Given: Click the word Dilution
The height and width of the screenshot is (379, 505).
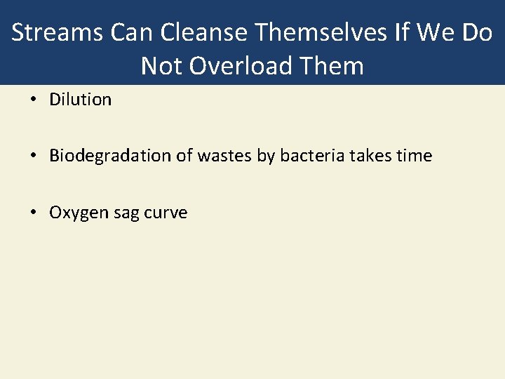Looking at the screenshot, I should (80, 100).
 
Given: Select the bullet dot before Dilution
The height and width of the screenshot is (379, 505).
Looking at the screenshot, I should (34, 100).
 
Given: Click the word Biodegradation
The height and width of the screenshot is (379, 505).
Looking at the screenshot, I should (111, 156).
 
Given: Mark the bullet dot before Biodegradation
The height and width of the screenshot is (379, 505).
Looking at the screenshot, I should (34, 157).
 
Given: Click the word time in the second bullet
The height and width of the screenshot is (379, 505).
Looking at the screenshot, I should (414, 156).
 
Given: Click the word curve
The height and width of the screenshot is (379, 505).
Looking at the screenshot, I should (166, 213).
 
